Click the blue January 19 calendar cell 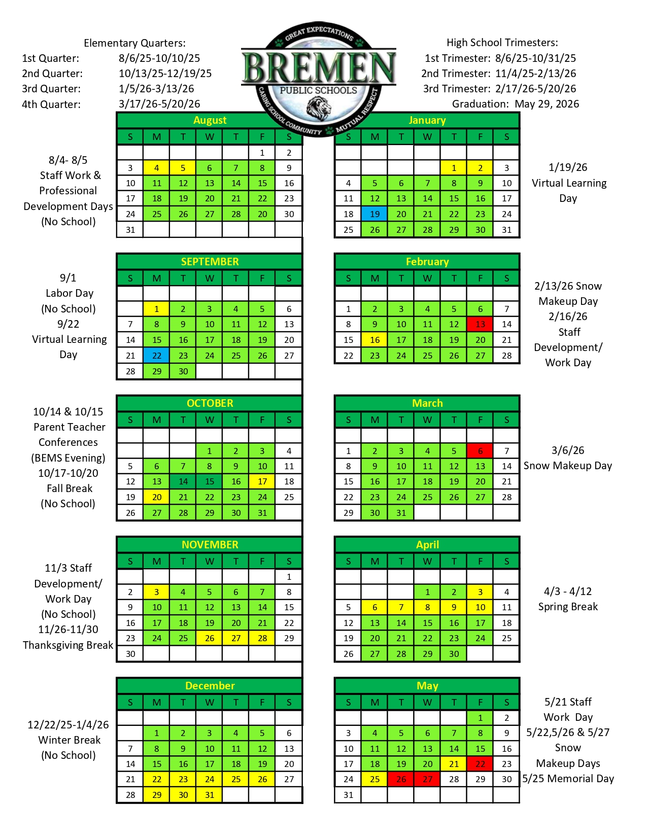click(x=374, y=214)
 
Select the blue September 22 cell click(x=156, y=355)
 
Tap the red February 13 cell click(x=480, y=324)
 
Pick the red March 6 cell click(x=480, y=450)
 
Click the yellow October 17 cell click(x=262, y=481)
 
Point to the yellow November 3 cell click(x=156, y=591)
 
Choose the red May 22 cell click(x=480, y=763)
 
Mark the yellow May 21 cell click(x=454, y=763)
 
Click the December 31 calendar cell click(x=209, y=794)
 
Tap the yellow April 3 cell click(x=480, y=591)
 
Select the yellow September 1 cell click(x=156, y=308)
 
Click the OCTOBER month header click(x=210, y=403)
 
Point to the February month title click(x=427, y=262)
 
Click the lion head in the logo click(x=319, y=108)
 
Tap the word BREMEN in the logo click(x=319, y=67)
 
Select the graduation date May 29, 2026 click(x=547, y=104)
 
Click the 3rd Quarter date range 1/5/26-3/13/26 click(x=156, y=89)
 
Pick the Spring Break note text click(x=568, y=607)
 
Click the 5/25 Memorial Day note click(x=568, y=779)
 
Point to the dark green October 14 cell click(x=183, y=481)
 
